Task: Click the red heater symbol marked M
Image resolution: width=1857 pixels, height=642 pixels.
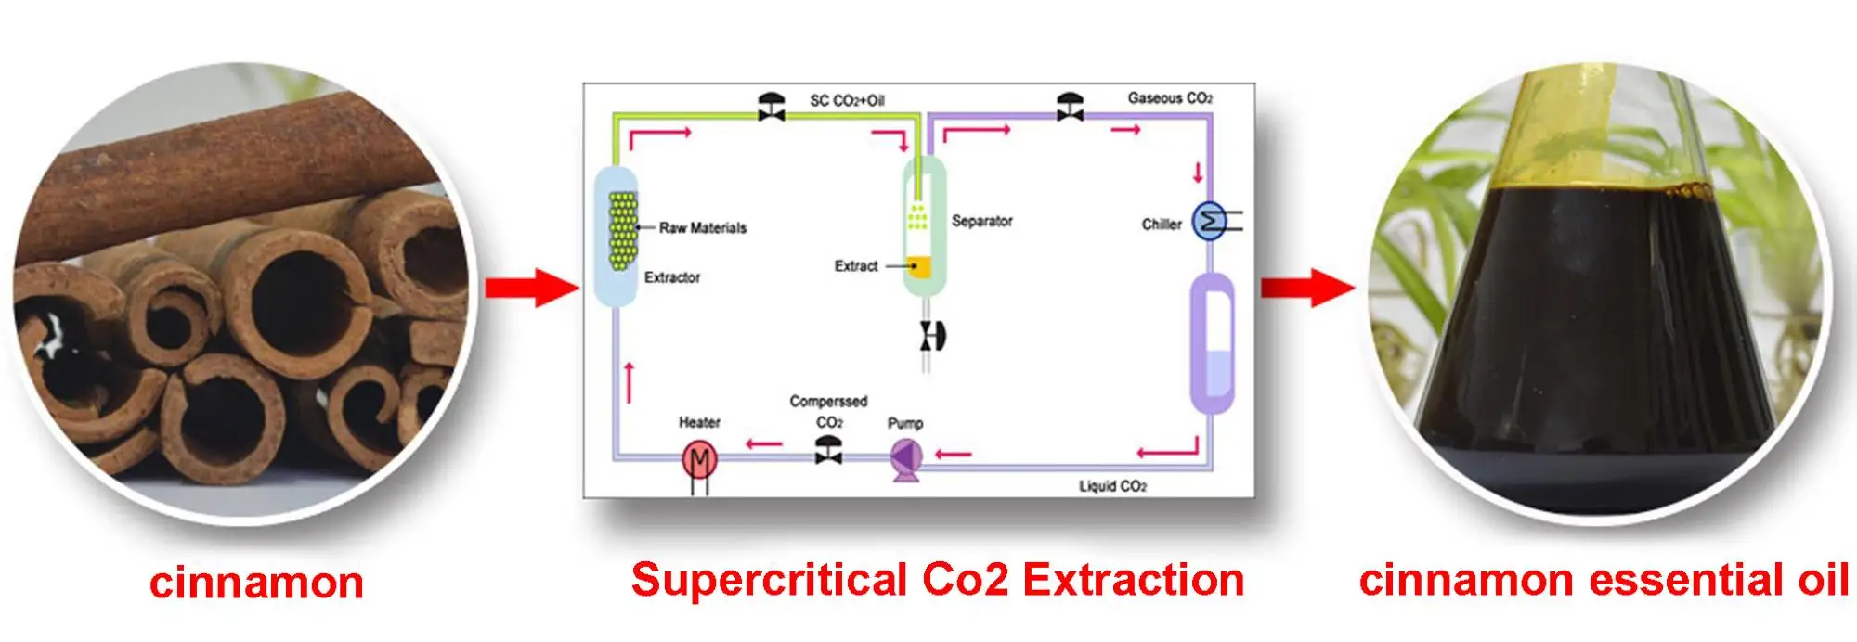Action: [699, 458]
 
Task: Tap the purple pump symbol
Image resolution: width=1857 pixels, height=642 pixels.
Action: [905, 456]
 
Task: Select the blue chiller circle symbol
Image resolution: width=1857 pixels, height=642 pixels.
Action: [1208, 222]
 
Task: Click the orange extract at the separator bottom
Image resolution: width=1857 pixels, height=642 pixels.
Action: [919, 267]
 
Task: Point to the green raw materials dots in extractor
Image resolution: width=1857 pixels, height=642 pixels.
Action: [622, 230]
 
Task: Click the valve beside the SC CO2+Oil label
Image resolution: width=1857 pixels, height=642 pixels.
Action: [771, 106]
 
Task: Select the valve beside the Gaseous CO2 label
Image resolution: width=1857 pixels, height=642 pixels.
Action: [1070, 106]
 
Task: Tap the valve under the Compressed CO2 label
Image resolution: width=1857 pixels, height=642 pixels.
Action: [828, 451]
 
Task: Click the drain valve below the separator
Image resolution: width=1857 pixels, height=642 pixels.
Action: [930, 336]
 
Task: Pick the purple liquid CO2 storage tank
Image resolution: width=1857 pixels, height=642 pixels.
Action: [1212, 343]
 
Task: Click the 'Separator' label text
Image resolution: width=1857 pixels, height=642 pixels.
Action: [981, 221]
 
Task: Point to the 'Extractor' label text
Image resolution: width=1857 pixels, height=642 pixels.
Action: [672, 277]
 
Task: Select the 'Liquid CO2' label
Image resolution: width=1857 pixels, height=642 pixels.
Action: [1112, 486]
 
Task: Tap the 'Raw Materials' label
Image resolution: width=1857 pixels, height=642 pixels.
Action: [703, 228]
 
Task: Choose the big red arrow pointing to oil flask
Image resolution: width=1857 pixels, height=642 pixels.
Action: [1306, 287]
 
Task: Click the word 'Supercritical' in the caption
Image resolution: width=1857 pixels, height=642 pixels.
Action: [769, 581]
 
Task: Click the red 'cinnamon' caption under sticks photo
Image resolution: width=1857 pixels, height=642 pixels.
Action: [256, 584]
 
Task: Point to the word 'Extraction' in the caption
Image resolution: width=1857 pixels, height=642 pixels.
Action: [1133, 581]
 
